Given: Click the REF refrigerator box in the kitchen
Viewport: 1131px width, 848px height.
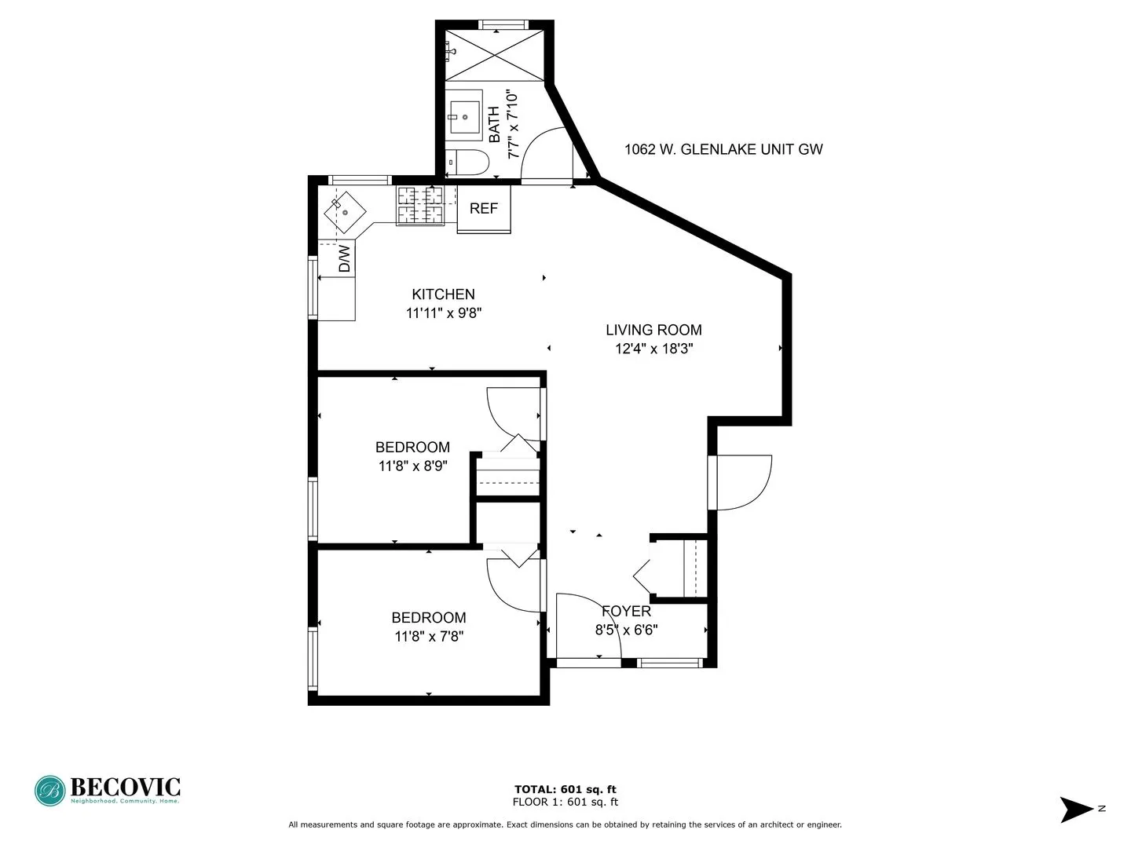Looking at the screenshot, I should [x=484, y=208].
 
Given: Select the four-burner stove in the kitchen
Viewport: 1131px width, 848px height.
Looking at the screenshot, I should [x=419, y=205].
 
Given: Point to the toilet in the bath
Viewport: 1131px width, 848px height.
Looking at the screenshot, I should [x=468, y=163].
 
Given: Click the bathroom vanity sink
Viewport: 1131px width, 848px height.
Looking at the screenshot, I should [x=463, y=115].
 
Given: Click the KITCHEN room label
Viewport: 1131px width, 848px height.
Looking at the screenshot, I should [x=443, y=294].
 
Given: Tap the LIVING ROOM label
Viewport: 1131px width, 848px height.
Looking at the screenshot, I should [x=653, y=331].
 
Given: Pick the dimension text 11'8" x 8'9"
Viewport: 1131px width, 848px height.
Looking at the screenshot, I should [x=413, y=466].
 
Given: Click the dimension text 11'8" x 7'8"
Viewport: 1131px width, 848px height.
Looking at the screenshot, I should [x=429, y=637].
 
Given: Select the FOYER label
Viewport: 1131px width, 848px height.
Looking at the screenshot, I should [x=626, y=611].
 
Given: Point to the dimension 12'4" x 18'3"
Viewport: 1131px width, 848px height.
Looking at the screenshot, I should [x=653, y=349].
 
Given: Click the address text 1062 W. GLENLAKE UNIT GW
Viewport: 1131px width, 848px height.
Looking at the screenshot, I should [x=723, y=149].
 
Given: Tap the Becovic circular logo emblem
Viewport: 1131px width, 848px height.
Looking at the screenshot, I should [x=50, y=791].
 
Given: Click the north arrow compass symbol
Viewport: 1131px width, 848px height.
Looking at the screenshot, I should [x=1077, y=810].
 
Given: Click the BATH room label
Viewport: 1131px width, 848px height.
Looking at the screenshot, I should [x=494, y=125].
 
